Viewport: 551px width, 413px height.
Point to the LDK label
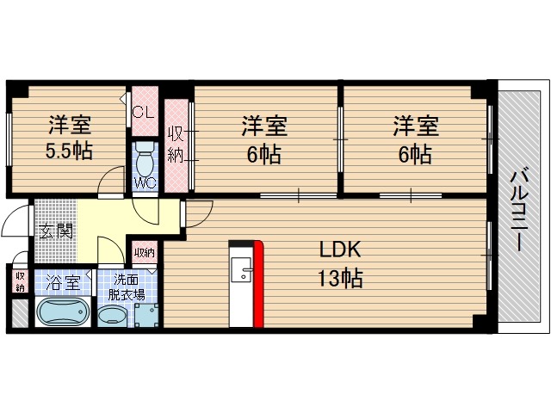point(341,250)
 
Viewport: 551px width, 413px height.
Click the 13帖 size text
point(341,278)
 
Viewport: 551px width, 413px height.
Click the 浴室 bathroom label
point(63,281)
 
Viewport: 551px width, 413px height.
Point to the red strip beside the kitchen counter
point(258,284)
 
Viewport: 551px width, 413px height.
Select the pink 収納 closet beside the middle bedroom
point(176,145)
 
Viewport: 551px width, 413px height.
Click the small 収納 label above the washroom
point(144,253)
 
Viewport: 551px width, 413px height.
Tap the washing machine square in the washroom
point(145,316)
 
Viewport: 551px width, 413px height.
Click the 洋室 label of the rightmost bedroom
point(417,126)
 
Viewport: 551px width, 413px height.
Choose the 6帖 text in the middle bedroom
point(263,155)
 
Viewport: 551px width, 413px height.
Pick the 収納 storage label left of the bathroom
point(20,282)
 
